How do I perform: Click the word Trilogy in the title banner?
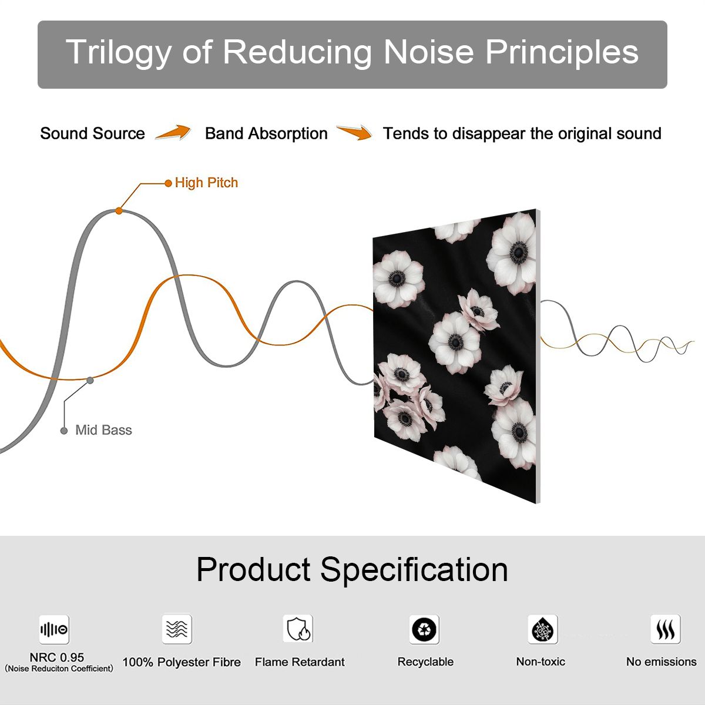119,53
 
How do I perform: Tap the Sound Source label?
93,133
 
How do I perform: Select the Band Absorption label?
266,133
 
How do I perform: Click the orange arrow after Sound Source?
173,132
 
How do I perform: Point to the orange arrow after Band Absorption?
354,132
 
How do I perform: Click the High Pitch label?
206,183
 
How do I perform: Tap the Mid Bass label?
103,430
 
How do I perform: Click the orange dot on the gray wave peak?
119,211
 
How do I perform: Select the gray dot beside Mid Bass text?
64,431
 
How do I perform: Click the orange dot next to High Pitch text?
168,183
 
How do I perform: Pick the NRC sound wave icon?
54,629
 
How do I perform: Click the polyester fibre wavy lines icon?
177,629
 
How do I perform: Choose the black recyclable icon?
424,629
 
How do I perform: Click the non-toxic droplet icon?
543,629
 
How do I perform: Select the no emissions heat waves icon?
666,629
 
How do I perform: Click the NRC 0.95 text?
57,657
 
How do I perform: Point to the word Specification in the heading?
414,570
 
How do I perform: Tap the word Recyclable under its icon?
425,662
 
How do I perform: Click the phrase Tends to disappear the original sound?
522,133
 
